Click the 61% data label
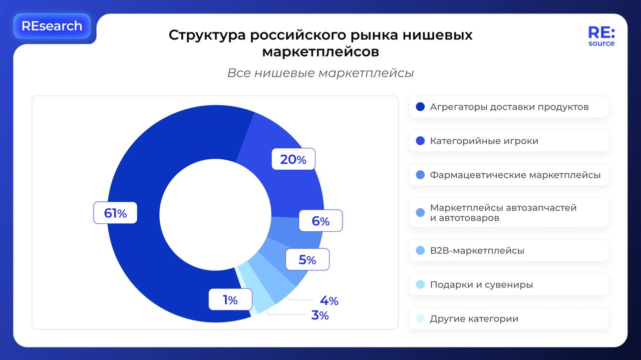[115, 213]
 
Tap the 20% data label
[293, 159]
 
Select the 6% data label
[320, 221]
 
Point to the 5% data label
[307, 260]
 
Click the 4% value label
[329, 300]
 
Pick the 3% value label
[320, 315]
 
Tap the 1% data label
[230, 299]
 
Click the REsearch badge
[52, 26]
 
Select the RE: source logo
[601, 37]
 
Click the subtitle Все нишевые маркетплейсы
[320, 73]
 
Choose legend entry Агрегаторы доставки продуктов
[509, 107]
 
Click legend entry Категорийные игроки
[484, 141]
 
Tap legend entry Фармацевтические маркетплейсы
[515, 175]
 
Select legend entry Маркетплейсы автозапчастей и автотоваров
[503, 212]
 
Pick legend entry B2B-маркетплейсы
[477, 250]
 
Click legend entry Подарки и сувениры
[481, 284]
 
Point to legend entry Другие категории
[474, 318]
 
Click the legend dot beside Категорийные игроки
[420, 141]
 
